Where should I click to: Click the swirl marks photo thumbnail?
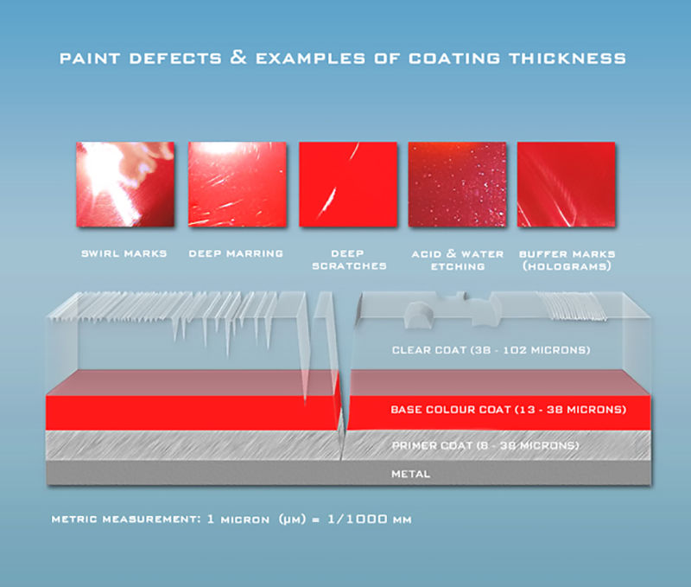tap(125, 184)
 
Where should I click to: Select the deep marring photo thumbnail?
tap(237, 184)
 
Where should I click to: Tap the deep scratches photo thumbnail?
tap(348, 184)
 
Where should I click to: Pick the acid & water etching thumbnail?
tap(457, 184)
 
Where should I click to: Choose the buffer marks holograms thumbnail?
tap(566, 184)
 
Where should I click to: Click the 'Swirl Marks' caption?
tap(124, 253)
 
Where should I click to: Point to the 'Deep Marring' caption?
tap(236, 253)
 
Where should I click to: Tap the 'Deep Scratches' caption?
tap(349, 259)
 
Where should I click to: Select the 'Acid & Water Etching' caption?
tap(458, 260)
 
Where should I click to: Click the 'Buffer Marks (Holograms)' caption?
tap(567, 260)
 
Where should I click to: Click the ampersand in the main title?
tap(238, 57)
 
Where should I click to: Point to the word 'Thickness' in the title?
tap(567, 58)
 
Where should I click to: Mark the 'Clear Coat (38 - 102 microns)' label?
tap(491, 350)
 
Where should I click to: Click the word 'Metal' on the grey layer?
tap(411, 474)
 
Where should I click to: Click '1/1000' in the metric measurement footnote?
tap(358, 519)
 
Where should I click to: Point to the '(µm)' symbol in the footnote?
tap(292, 519)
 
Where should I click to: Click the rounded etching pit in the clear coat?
tap(419, 314)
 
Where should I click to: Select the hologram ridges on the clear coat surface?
tap(573, 306)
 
